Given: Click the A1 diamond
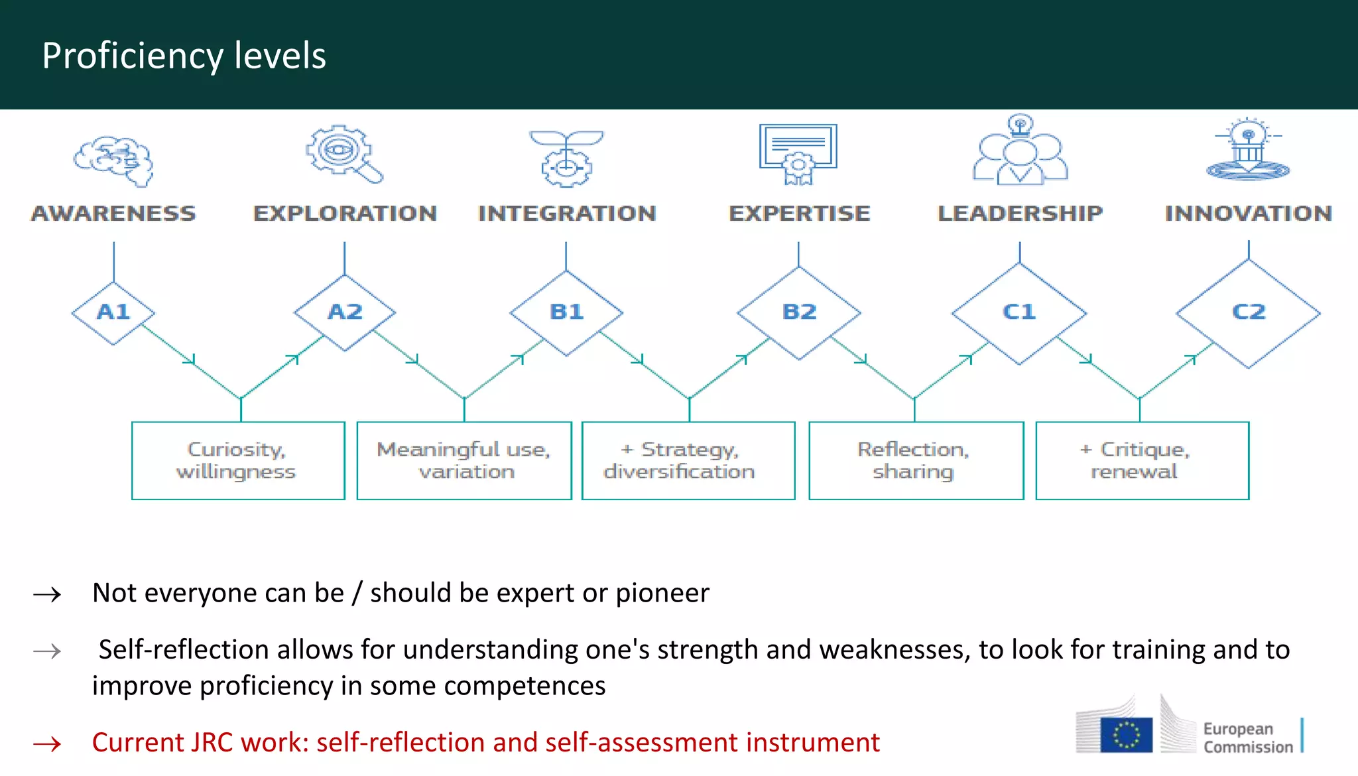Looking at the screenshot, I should click(x=113, y=312).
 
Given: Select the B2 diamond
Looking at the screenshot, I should click(x=799, y=312).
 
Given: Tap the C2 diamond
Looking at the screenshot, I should click(x=1248, y=312).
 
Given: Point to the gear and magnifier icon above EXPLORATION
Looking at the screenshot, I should click(x=343, y=154).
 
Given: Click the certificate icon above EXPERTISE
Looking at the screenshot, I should click(x=798, y=153).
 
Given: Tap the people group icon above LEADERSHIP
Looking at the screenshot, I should click(x=1020, y=152).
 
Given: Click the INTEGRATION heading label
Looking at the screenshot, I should click(x=567, y=214).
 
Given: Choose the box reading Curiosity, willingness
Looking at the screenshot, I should click(x=238, y=460).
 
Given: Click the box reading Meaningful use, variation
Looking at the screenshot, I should click(x=464, y=460).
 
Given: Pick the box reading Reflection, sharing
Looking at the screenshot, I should click(x=916, y=460).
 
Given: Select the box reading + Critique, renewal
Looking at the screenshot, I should click(x=1142, y=460).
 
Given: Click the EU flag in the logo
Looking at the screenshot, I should click(x=1126, y=736).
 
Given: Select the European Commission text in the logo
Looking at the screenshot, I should click(x=1247, y=738).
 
